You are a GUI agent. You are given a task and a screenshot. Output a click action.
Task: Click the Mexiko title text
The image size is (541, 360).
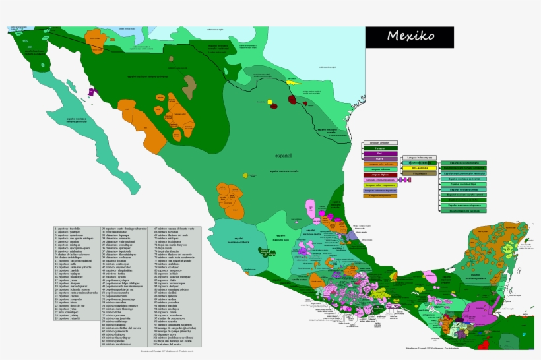[410, 36]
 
